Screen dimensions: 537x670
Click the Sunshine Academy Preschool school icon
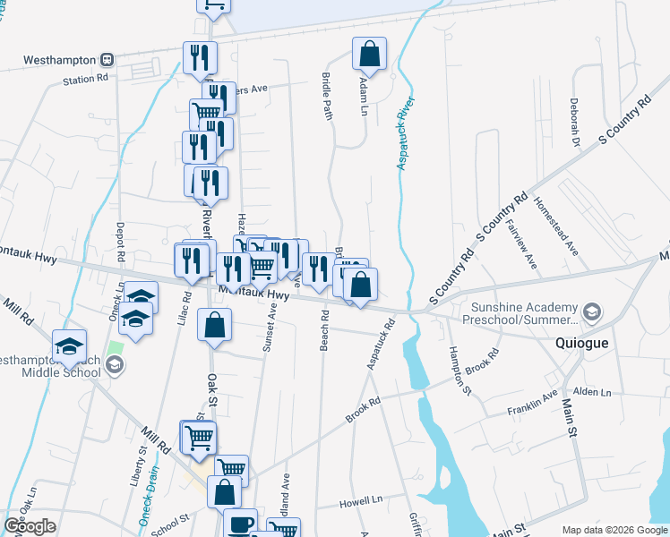(x=591, y=312)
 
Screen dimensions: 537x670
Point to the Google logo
(x=30, y=526)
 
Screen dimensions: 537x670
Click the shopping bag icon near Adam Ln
(x=369, y=55)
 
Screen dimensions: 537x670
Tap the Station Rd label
(x=85, y=79)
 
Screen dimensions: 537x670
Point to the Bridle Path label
(x=328, y=94)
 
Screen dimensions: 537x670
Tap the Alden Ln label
(x=591, y=392)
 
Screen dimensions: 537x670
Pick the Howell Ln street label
(x=361, y=503)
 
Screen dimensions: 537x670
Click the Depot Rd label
(x=119, y=241)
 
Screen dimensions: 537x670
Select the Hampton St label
(x=460, y=370)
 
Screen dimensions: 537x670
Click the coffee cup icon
(x=239, y=524)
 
